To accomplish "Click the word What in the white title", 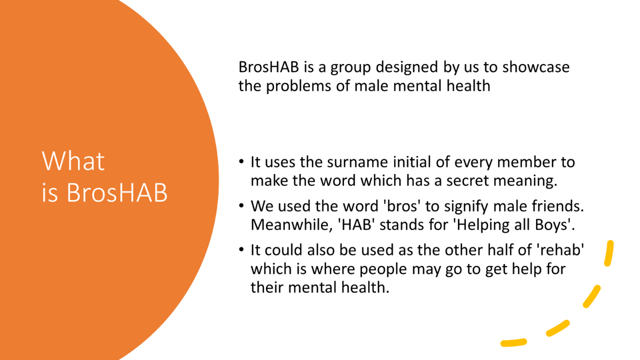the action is [x=73, y=161].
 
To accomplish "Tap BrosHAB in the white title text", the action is [x=117, y=192].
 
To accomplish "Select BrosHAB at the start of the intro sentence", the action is [x=268, y=67].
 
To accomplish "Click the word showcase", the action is [x=536, y=67].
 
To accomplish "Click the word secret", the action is [x=467, y=181].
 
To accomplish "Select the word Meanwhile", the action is [x=291, y=225].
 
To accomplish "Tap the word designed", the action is [x=407, y=67].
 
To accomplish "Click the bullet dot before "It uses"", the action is [x=241, y=161].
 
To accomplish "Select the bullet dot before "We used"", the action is [x=241, y=205].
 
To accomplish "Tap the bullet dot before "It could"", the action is [x=241, y=249].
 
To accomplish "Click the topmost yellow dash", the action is [x=609, y=253].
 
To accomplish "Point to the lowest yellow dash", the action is [x=513, y=342].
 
